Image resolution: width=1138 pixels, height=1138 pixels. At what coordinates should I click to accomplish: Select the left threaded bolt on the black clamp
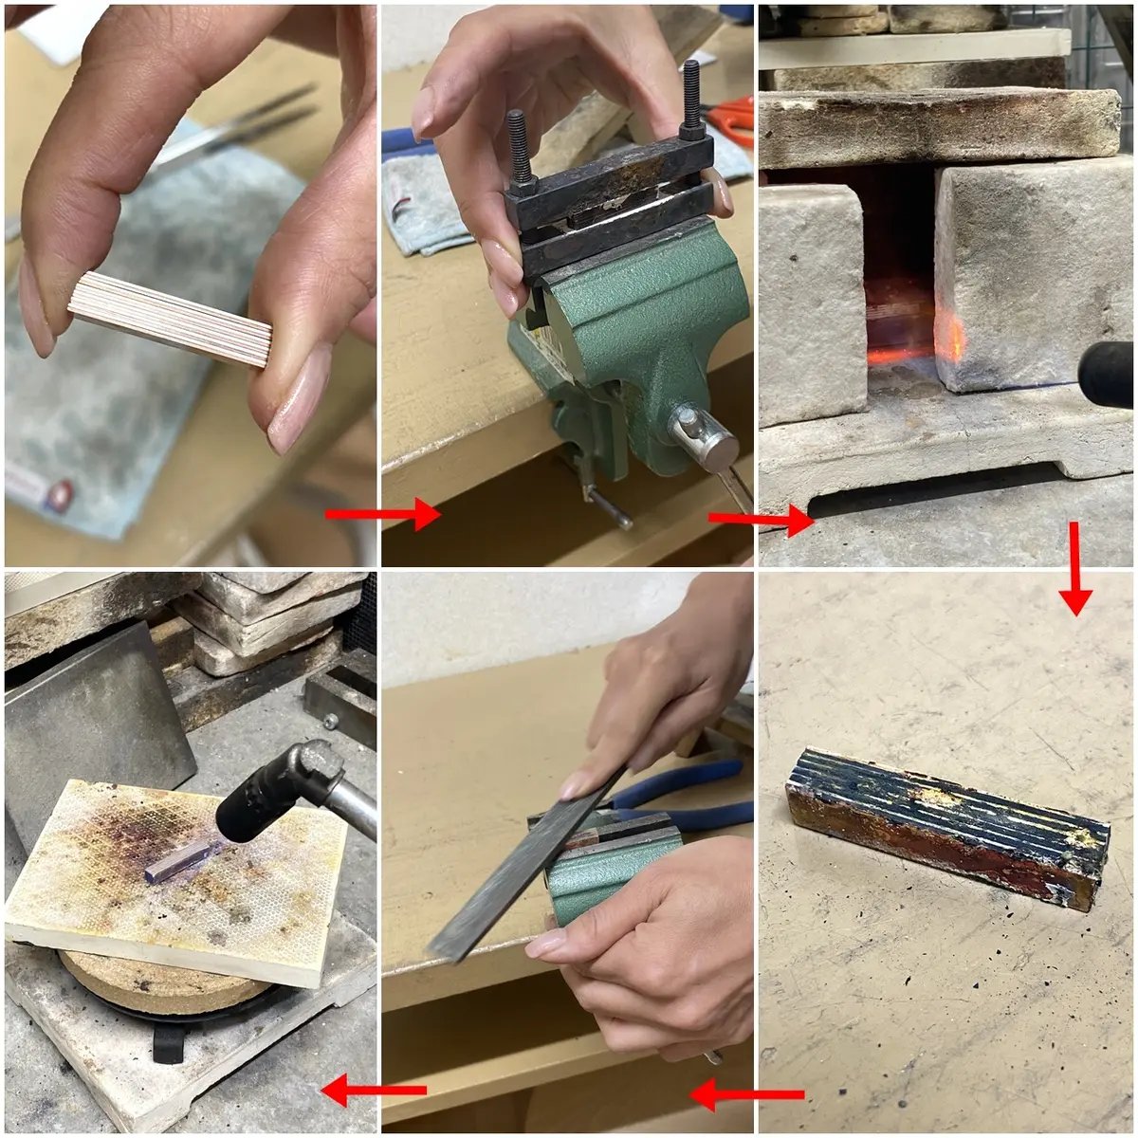point(519,143)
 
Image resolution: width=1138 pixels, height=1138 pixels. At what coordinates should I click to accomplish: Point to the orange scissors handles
point(732,121)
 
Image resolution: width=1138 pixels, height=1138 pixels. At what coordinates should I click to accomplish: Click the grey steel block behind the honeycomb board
point(95,721)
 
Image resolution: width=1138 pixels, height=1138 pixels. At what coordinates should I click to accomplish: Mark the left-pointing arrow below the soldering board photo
point(374,1091)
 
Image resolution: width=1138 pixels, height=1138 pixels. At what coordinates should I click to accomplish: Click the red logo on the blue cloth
point(59,493)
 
